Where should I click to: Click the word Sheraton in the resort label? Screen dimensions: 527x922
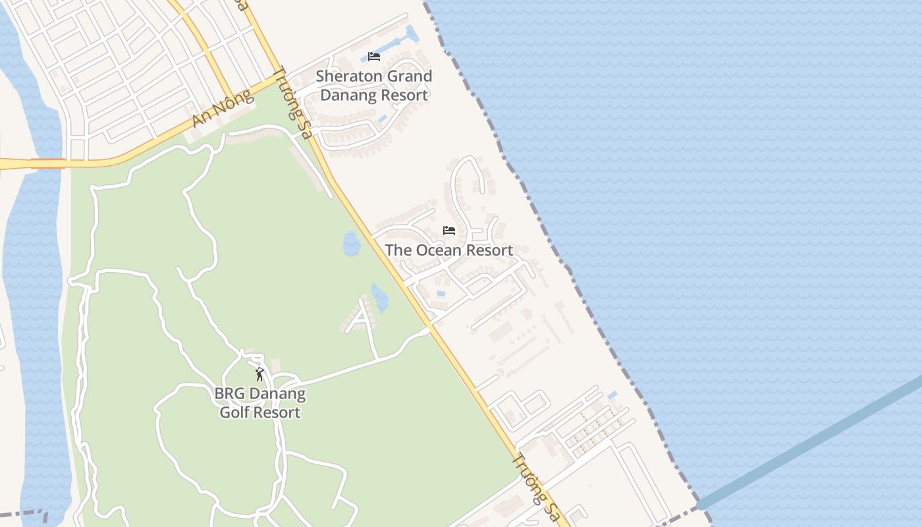pyautogui.click(x=349, y=76)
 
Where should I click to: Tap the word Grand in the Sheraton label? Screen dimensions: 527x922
pyautogui.click(x=409, y=76)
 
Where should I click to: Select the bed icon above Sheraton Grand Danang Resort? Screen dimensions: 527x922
pyautogui.click(x=374, y=57)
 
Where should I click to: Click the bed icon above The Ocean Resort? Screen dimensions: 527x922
pyautogui.click(x=449, y=231)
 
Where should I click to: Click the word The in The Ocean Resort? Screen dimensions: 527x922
pyautogui.click(x=397, y=250)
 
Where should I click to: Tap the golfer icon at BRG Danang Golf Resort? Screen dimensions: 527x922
pyautogui.click(x=259, y=375)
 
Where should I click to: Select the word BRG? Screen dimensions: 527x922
pyautogui.click(x=229, y=395)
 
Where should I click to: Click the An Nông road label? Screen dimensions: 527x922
pyautogui.click(x=223, y=109)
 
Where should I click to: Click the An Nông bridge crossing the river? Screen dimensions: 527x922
pyautogui.click(x=47, y=163)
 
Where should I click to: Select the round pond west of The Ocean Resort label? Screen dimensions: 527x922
pyautogui.click(x=352, y=244)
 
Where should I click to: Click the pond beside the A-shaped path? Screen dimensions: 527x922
pyautogui.click(x=379, y=298)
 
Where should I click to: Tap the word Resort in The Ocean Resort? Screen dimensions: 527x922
pyautogui.click(x=488, y=250)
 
